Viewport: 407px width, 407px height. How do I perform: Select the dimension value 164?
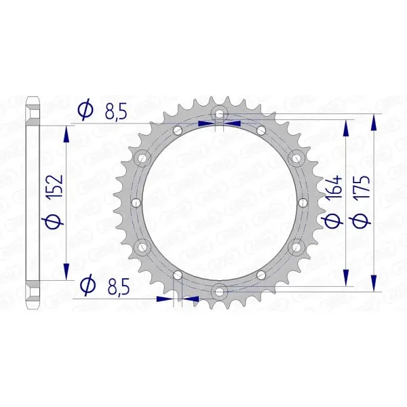click(x=334, y=191)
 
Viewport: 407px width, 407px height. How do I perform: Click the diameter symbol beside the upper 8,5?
click(x=85, y=111)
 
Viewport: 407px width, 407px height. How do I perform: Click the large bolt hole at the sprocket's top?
click(x=218, y=113)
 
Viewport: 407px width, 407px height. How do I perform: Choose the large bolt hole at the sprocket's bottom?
click(x=218, y=291)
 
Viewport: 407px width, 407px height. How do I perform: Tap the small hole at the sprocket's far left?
click(x=135, y=202)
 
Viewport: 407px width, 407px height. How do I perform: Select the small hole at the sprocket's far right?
click(x=301, y=202)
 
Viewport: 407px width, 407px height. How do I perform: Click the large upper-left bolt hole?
click(x=142, y=158)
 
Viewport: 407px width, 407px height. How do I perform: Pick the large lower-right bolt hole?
click(x=294, y=246)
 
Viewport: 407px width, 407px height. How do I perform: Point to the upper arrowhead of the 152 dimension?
click(x=66, y=133)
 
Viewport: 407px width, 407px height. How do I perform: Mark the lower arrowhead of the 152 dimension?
click(x=66, y=271)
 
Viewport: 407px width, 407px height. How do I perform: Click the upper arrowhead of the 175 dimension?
click(x=373, y=122)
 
